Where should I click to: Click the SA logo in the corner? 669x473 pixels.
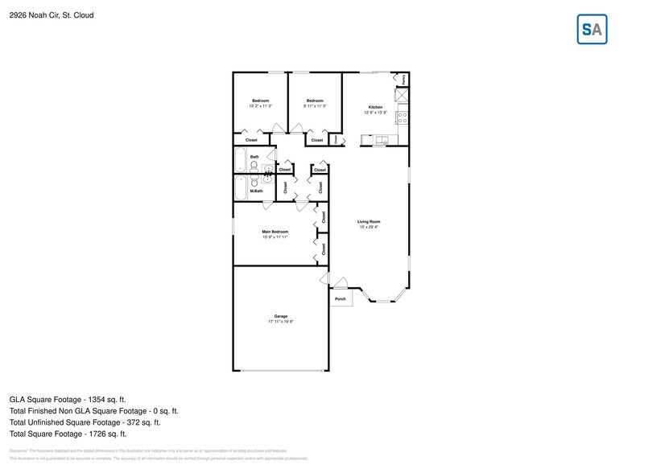click(x=593, y=30)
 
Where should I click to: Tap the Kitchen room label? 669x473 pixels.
click(x=375, y=107)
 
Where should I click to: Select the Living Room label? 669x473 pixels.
click(x=369, y=221)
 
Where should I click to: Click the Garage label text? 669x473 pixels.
click(x=281, y=316)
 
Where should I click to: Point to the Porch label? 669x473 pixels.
click(x=340, y=298)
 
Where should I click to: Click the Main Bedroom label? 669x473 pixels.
click(x=275, y=232)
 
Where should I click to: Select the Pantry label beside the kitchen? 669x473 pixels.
click(x=403, y=80)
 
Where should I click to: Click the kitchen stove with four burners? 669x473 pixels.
click(x=403, y=120)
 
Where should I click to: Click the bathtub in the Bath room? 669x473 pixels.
click(x=240, y=160)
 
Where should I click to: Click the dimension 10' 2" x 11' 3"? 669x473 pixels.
click(x=260, y=105)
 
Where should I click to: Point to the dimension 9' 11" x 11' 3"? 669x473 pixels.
click(x=315, y=105)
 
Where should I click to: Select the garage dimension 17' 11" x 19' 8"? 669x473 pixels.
click(x=281, y=322)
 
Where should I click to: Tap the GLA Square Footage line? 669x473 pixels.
click(x=68, y=399)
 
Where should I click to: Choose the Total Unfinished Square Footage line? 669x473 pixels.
click(x=85, y=422)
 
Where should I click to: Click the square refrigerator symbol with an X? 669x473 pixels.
click(x=402, y=95)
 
